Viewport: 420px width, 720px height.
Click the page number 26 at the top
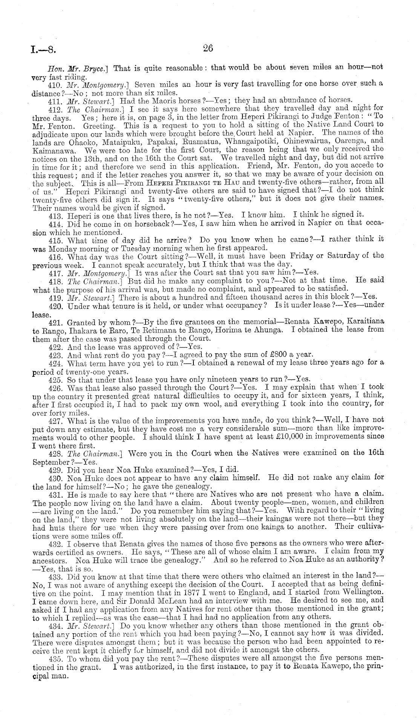(208, 48)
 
